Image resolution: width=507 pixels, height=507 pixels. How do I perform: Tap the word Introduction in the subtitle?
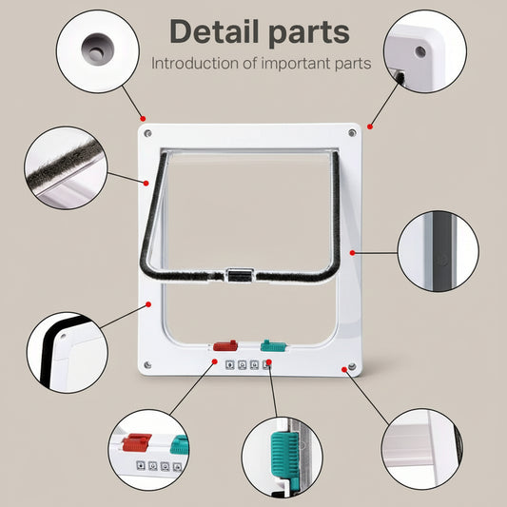pos(195,64)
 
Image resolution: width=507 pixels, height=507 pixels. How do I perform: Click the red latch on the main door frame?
pos(224,347)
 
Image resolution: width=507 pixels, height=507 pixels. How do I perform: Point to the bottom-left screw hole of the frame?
pos(147,365)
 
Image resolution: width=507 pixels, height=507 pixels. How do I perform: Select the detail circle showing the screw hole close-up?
pos(95,47)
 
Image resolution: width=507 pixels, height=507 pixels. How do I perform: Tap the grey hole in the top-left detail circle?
pos(95,44)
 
